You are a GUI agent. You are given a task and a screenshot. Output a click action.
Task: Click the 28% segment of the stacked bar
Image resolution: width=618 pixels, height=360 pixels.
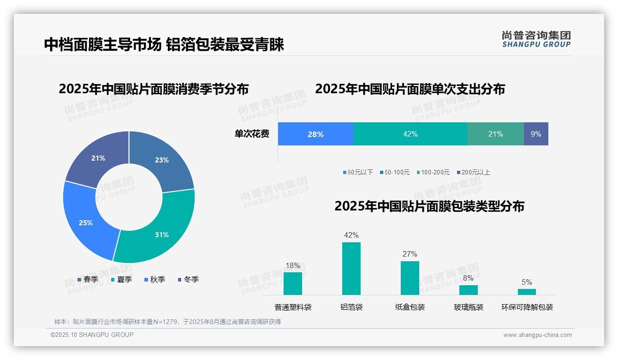(315, 134)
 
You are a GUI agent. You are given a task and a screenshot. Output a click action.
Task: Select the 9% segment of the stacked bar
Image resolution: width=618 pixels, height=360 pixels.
(536, 134)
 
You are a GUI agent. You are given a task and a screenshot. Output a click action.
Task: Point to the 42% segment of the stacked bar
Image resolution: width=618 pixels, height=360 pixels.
(410, 134)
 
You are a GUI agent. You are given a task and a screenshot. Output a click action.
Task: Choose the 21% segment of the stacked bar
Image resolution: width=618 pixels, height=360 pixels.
(495, 134)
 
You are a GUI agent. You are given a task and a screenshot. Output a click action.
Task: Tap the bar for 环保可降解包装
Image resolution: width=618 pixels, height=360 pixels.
(527, 292)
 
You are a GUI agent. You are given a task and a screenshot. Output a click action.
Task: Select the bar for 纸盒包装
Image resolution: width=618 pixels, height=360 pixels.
(410, 278)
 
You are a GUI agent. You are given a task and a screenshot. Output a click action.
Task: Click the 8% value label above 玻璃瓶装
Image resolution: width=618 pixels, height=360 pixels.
(468, 278)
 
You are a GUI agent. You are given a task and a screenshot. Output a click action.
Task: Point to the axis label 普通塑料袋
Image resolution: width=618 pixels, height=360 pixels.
(293, 307)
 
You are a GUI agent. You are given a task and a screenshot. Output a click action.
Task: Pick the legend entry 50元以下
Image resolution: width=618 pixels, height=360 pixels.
(358, 172)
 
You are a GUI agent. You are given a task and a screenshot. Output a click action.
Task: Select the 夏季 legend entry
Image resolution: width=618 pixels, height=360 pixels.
(122, 279)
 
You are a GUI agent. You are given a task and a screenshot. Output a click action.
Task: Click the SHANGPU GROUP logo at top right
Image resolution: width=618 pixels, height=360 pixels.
(536, 39)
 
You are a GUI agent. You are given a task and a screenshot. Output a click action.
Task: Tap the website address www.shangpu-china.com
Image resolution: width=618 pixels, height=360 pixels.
(537, 335)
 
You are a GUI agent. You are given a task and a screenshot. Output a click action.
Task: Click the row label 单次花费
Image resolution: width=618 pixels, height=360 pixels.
(252, 134)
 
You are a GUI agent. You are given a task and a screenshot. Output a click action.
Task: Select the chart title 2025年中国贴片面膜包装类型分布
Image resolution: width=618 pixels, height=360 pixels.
(429, 206)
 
